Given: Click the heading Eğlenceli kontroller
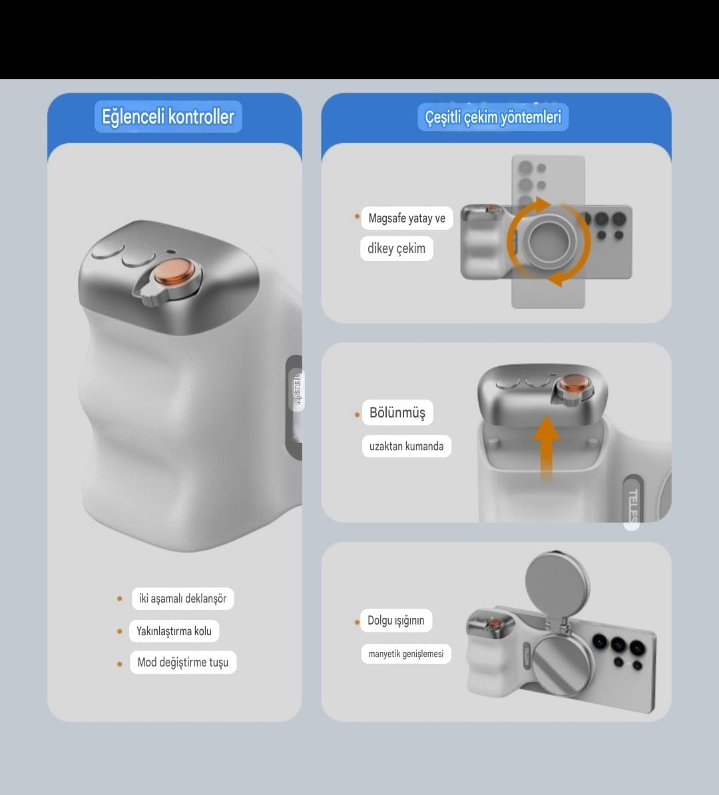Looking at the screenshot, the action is pyautogui.click(x=168, y=117).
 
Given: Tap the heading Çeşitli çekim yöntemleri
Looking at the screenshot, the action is pyautogui.click(x=493, y=117).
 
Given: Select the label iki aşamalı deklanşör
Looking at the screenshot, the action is pyautogui.click(x=182, y=599).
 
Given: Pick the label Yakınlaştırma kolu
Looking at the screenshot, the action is pyautogui.click(x=174, y=631).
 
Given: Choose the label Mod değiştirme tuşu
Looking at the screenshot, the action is pyautogui.click(x=183, y=662).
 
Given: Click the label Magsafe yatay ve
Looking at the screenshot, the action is pyautogui.click(x=407, y=218).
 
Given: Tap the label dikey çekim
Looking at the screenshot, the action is pyautogui.click(x=397, y=248).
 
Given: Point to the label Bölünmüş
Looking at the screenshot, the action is pyautogui.click(x=397, y=412).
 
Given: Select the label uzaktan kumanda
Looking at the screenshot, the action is pyautogui.click(x=406, y=446).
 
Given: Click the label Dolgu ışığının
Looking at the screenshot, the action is pyautogui.click(x=396, y=620).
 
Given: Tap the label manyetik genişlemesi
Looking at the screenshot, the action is pyautogui.click(x=405, y=654).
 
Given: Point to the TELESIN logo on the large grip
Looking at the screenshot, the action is pyautogui.click(x=298, y=389).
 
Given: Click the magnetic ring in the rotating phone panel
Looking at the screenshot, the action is pyautogui.click(x=550, y=241).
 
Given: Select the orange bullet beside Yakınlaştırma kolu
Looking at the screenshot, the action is pyautogui.click(x=120, y=631).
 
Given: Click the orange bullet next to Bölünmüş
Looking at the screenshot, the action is pyautogui.click(x=357, y=415).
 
